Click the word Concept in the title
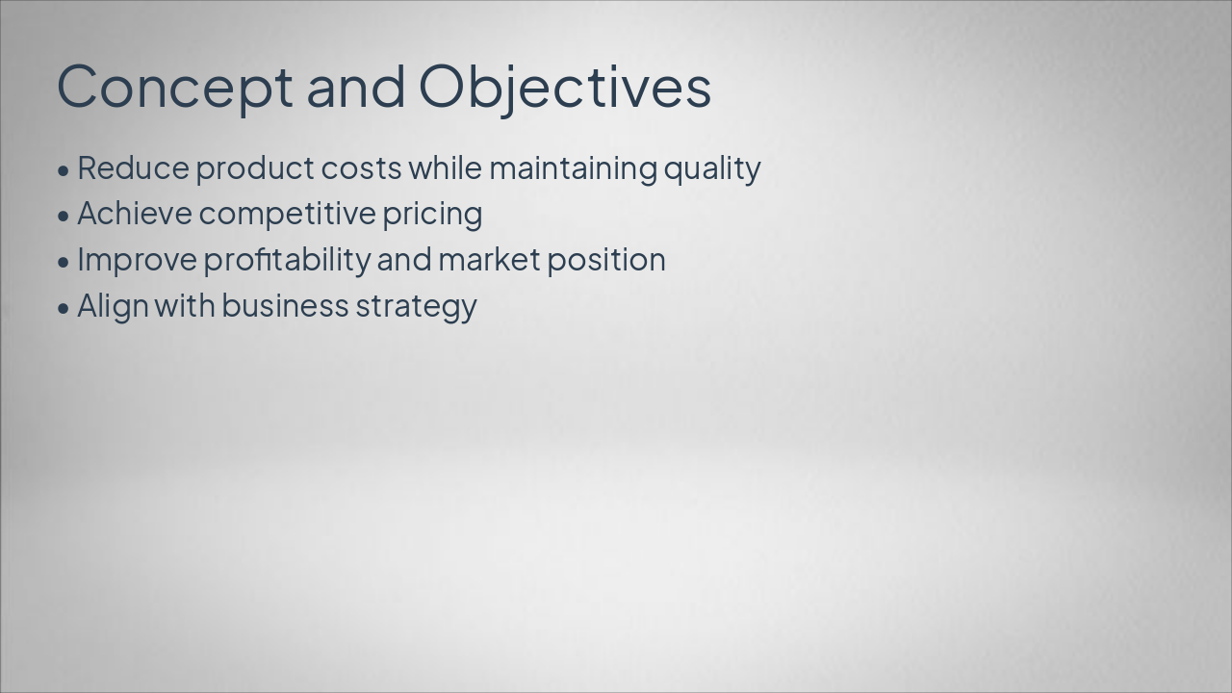click(174, 87)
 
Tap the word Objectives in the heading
click(565, 87)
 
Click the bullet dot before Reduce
click(64, 170)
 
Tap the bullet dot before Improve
click(64, 262)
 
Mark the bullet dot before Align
click(64, 308)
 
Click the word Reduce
click(133, 168)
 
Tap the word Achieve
click(135, 214)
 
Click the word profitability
click(287, 260)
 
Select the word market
click(488, 260)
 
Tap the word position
click(605, 261)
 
